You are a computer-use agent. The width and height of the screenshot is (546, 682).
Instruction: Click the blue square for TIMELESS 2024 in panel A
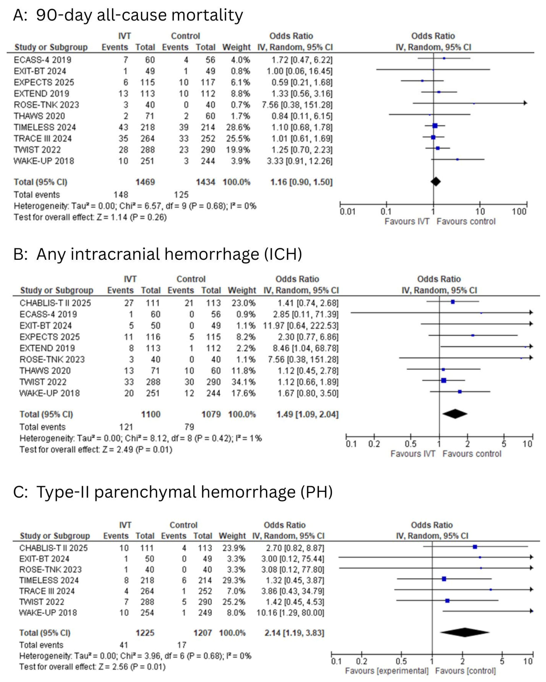click(435, 126)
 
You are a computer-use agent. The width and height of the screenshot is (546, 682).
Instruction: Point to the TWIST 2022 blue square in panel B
click(444, 381)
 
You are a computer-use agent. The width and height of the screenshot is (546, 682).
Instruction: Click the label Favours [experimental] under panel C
click(387, 671)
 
